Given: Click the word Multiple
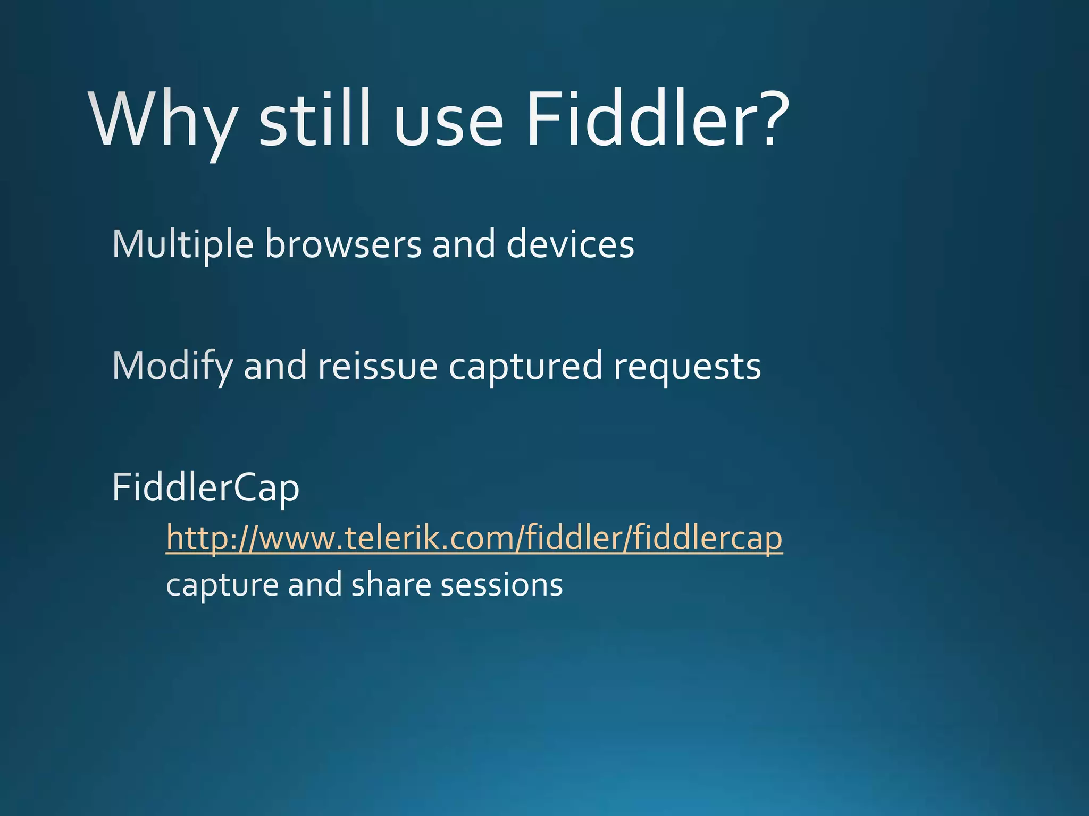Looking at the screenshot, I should tap(183, 244).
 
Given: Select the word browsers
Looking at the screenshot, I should tap(343, 244).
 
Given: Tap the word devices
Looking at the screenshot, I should tap(570, 244).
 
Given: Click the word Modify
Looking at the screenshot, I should tap(173, 367).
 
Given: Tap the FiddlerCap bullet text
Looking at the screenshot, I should tap(206, 488).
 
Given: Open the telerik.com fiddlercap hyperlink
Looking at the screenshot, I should tap(474, 538).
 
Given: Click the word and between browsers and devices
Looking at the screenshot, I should tap(464, 244).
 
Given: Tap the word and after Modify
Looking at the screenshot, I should tap(275, 367).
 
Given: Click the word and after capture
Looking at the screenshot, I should tap(315, 584).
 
